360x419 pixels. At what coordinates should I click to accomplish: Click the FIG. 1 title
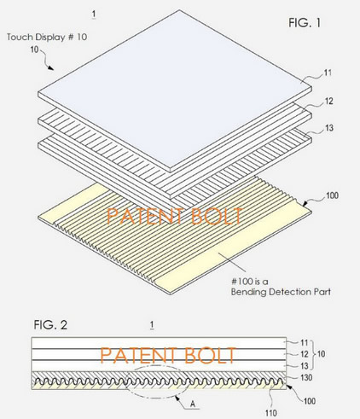coord(305,22)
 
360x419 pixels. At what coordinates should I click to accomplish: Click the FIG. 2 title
coord(50,324)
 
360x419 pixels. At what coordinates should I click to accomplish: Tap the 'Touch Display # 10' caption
coord(47,37)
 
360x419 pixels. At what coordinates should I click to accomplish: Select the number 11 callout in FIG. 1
coord(328,73)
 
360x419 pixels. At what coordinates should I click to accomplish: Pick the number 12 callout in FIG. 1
coord(328,102)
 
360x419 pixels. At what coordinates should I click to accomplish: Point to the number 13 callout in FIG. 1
coord(329,128)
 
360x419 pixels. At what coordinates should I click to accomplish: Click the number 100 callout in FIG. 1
coord(332,195)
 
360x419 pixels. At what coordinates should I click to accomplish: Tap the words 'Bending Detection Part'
coord(281,292)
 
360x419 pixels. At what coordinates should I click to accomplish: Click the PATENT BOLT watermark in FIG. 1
coord(174,216)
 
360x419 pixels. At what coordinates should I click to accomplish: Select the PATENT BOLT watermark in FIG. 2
coord(168,355)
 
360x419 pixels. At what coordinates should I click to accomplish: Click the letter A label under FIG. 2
coord(193,404)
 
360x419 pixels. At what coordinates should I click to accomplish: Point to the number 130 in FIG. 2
coord(306,378)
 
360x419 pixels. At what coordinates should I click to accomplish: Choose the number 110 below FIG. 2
coord(270,413)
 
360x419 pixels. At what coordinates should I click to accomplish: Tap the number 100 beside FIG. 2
coord(310,401)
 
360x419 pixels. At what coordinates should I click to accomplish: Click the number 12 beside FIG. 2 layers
coord(305,354)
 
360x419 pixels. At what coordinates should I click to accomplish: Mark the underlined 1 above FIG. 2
coord(152,325)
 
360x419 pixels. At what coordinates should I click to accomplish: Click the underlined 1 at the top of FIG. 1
coord(94,14)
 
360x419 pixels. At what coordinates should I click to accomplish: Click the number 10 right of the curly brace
coord(321,354)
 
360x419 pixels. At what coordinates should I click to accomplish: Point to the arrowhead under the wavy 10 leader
coord(51,68)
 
